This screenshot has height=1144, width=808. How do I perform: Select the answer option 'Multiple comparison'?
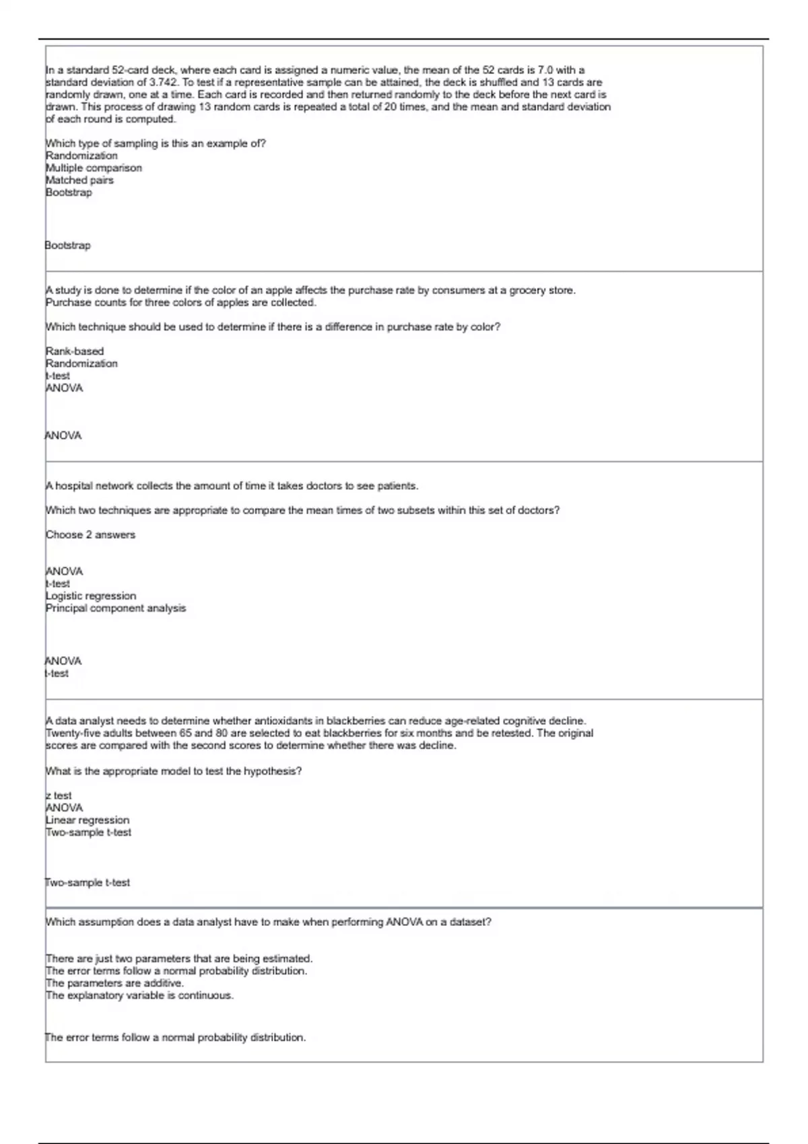[94, 168]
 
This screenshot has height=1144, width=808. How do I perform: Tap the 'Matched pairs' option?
[79, 180]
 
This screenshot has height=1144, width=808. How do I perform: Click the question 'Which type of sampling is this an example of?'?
[156, 143]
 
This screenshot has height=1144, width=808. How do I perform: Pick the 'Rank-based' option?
[75, 351]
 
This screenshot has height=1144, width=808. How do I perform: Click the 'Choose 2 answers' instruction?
[90, 534]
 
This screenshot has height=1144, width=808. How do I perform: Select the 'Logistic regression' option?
[91, 596]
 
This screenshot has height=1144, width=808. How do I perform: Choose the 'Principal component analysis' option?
[116, 608]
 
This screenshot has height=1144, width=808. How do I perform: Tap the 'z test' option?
[59, 795]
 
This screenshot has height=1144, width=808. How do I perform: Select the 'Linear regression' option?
[88, 820]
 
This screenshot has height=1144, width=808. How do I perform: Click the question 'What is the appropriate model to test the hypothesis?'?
[174, 771]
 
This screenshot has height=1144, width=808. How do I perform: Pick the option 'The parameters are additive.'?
[105, 982]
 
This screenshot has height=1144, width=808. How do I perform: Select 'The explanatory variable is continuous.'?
[139, 995]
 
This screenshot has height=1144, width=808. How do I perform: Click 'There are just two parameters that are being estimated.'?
[179, 958]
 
